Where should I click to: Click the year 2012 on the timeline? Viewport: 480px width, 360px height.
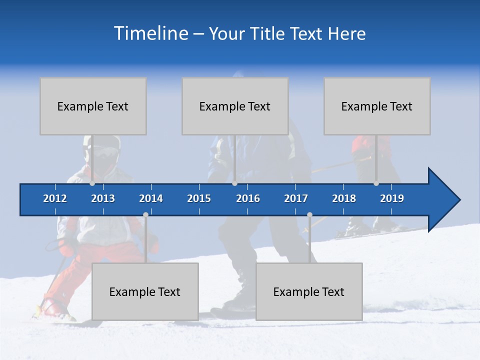(55, 198)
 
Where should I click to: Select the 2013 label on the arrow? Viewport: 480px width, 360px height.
(103, 198)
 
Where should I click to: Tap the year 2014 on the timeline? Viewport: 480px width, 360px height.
(151, 198)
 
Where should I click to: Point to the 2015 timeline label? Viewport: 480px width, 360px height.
(199, 198)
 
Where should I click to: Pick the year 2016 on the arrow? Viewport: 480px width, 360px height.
(248, 198)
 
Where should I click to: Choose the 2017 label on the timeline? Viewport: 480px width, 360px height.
(296, 198)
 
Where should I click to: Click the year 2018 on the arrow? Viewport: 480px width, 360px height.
(344, 198)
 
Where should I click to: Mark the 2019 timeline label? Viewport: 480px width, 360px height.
(392, 198)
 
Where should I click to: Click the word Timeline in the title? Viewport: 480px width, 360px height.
(150, 33)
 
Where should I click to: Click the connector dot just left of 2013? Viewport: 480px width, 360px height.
(92, 183)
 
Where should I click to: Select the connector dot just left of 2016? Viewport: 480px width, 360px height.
(234, 183)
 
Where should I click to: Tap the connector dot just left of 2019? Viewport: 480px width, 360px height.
(376, 183)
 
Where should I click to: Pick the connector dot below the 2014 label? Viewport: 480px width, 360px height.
(145, 215)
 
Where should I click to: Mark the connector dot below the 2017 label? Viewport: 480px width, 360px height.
(309, 215)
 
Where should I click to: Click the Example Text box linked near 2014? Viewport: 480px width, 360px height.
(145, 291)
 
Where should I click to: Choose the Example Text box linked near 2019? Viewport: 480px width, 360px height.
(377, 106)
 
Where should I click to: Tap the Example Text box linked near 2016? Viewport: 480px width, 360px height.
(235, 106)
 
